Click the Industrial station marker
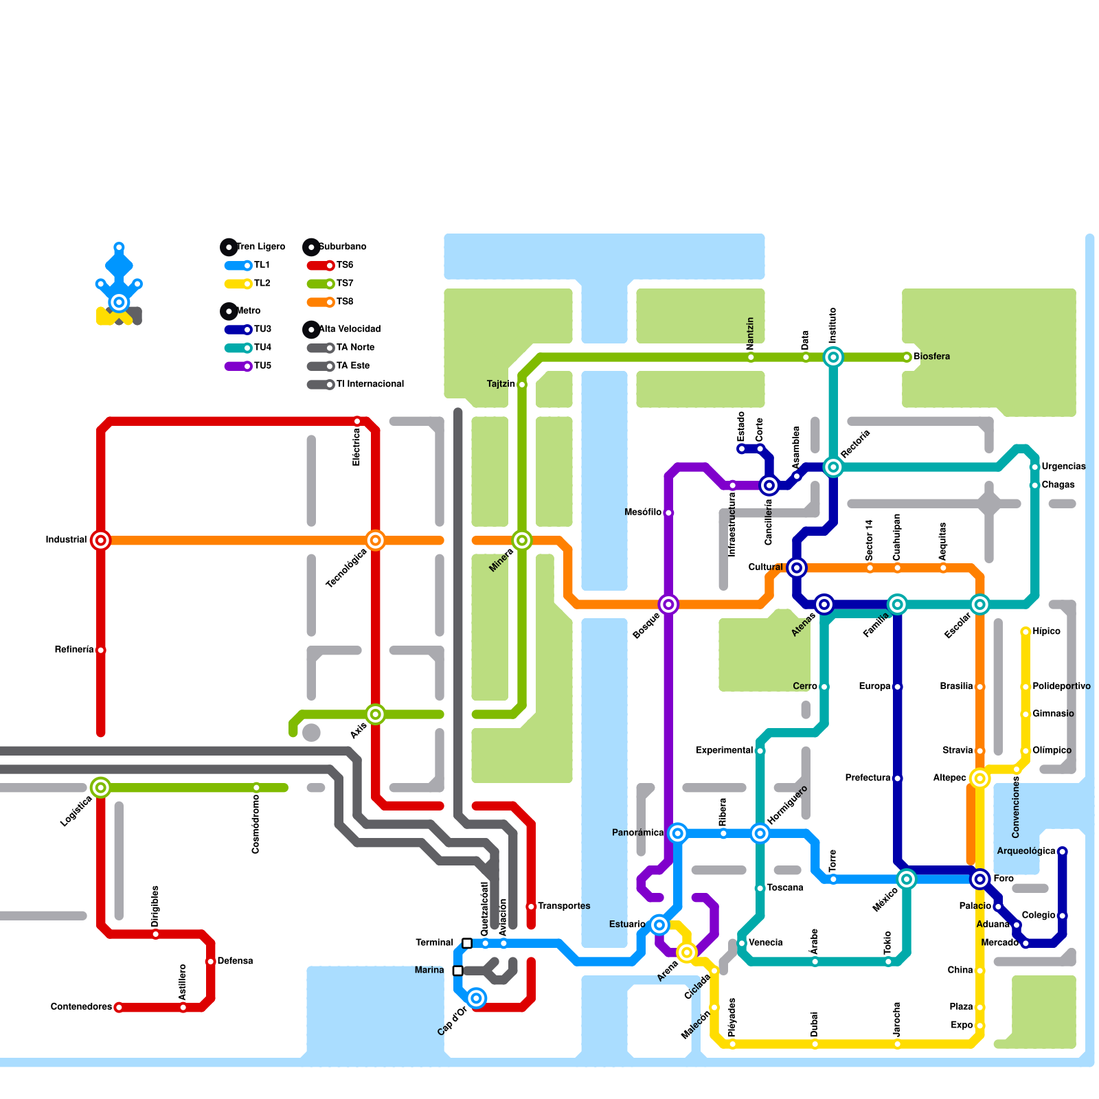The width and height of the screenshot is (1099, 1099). pos(101,541)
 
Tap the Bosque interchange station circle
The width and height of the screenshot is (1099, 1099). pos(668,604)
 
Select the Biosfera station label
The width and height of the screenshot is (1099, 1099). pos(931,356)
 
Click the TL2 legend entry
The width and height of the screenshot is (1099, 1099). pos(262,283)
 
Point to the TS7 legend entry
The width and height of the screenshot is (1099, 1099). pos(344,283)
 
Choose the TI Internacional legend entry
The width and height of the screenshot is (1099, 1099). pos(370,384)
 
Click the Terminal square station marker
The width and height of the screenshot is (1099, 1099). pos(467,943)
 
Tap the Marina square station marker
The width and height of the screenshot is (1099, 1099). pos(458,971)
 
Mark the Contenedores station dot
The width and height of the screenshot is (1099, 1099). pos(119,1008)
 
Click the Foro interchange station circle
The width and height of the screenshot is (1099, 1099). pos(980,879)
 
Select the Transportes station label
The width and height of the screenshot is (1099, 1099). pos(563,906)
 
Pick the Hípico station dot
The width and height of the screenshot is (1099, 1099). pos(1026,632)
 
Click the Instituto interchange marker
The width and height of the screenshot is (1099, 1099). pos(833,357)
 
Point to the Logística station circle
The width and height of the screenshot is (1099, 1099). pos(101,788)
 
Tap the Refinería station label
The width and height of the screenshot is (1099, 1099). pos(74,650)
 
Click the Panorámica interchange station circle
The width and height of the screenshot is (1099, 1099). pos(678,833)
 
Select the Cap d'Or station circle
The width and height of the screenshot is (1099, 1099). pos(477,998)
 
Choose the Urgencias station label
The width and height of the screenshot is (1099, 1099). pos(1063,466)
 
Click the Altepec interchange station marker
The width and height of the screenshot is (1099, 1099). pos(980,778)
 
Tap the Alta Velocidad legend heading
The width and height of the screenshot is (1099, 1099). pos(349,329)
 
